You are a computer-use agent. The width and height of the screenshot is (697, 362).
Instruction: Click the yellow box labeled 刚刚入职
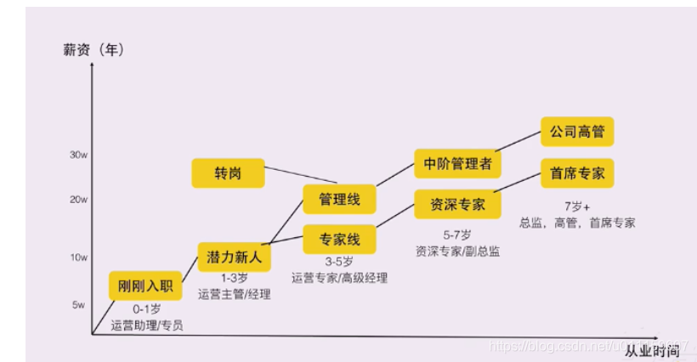point(146,286)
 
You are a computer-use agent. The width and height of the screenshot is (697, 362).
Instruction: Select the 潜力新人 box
point(233,257)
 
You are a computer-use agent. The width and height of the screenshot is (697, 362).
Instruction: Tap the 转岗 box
point(228,173)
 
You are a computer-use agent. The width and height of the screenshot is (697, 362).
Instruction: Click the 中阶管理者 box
point(457,163)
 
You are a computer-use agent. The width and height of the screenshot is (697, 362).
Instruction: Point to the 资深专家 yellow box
point(457,204)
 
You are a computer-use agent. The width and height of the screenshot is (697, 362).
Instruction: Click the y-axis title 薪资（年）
point(93,50)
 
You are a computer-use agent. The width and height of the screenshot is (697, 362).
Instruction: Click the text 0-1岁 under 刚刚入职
point(146,310)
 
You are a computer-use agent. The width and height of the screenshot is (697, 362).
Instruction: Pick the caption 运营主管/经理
point(234,294)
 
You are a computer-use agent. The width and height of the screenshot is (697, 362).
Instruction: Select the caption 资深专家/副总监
point(457,251)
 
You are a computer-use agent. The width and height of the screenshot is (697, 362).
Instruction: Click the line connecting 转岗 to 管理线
point(302,176)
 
